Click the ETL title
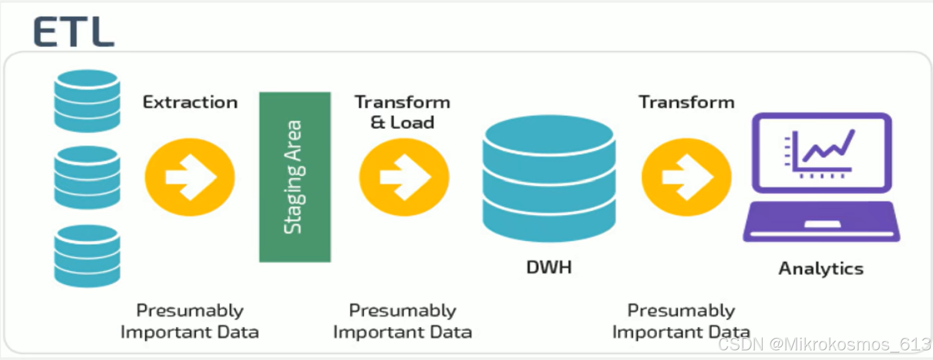pos(74,32)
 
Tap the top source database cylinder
pos(87,100)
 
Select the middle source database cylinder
pos(87,177)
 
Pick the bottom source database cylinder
pos(87,256)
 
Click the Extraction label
pos(190,102)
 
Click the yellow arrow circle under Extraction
pos(190,177)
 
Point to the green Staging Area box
pos(295,177)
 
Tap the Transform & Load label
pos(402,112)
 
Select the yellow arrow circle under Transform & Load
pos(404,177)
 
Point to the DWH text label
pos(549,267)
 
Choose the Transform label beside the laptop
pos(687,102)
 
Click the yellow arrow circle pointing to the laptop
pos(686,177)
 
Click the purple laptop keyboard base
pos(821,222)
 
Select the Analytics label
pos(821,268)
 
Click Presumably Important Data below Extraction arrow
pos(190,321)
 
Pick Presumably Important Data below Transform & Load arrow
pos(403,321)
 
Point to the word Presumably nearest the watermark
pos(681,311)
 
